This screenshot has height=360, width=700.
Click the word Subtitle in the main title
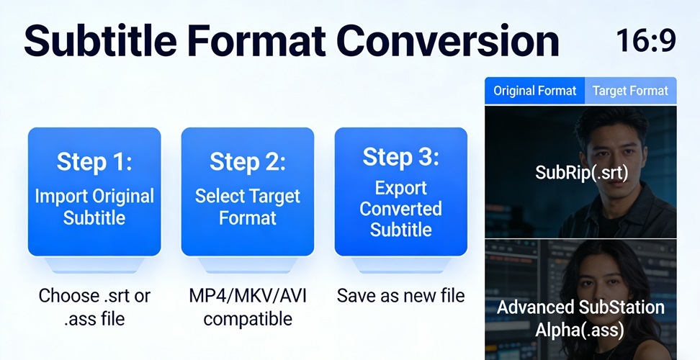pos(100,40)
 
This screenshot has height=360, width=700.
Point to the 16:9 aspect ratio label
pos(646,40)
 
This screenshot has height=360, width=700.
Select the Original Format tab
pos(534,91)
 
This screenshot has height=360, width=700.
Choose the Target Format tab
pos(630,91)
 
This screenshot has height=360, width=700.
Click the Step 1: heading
pos(94,162)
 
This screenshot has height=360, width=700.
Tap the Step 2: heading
pos(247,162)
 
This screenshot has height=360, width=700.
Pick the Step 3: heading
pos(401,156)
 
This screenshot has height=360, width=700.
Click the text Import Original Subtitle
pos(94,207)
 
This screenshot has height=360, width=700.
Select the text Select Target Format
pos(247,207)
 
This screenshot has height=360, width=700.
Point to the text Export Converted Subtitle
pos(401,208)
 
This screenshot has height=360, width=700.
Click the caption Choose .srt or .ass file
pos(94,307)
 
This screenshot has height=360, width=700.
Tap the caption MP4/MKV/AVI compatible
pos(247,307)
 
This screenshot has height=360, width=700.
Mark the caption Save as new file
pos(400,296)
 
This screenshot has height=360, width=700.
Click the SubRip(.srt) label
pos(581,173)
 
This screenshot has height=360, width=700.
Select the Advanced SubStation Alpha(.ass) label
pos(580,318)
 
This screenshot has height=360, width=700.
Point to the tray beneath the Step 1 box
pos(94,264)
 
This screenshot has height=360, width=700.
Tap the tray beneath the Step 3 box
pos(401,264)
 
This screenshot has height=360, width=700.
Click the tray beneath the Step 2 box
pos(247,264)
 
